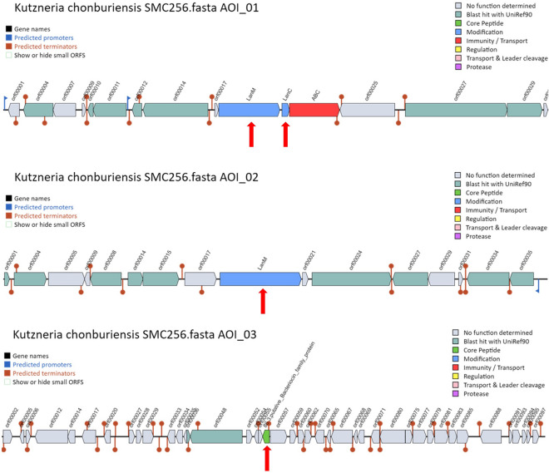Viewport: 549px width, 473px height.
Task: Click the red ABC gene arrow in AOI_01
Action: [314, 110]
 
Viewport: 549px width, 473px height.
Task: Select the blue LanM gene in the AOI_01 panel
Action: [248, 110]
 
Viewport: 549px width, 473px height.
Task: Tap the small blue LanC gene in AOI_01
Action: [285, 110]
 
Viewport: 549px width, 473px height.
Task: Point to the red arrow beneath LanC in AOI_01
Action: [285, 134]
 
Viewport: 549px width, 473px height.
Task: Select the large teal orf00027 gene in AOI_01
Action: [454, 110]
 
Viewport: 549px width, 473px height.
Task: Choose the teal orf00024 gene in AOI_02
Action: [350, 279]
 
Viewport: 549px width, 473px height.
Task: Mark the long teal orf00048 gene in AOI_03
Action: [216, 436]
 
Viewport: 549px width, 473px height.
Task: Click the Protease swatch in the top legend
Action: [457, 67]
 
